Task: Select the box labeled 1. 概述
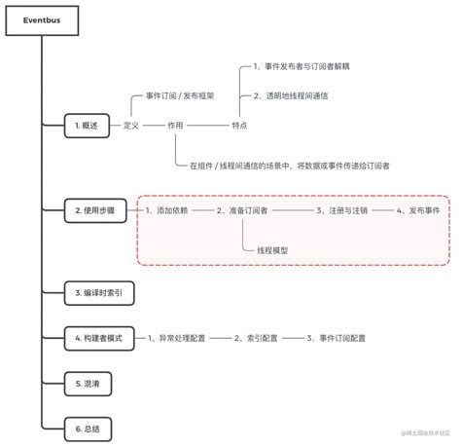click(88, 126)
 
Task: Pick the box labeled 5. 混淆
click(88, 384)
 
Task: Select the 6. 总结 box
click(88, 428)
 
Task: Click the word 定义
click(132, 126)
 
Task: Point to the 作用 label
click(175, 126)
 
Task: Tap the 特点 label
click(239, 126)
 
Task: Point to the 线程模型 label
click(272, 250)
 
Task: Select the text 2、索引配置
click(256, 337)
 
